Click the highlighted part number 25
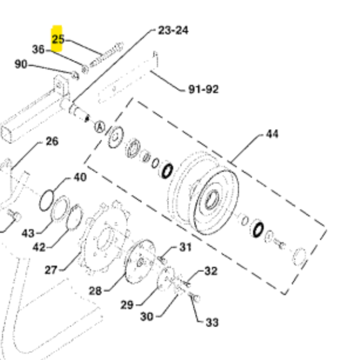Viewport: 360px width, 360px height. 58,39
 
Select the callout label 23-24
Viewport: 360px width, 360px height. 173,30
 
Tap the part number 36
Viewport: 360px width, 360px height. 38,49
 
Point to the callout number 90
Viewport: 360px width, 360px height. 21,64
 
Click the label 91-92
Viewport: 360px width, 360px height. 203,89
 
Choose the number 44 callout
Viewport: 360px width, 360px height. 272,134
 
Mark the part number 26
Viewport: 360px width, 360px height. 52,141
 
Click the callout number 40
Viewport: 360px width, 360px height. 80,177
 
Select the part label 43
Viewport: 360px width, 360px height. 28,234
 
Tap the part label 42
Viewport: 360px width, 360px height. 39,247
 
